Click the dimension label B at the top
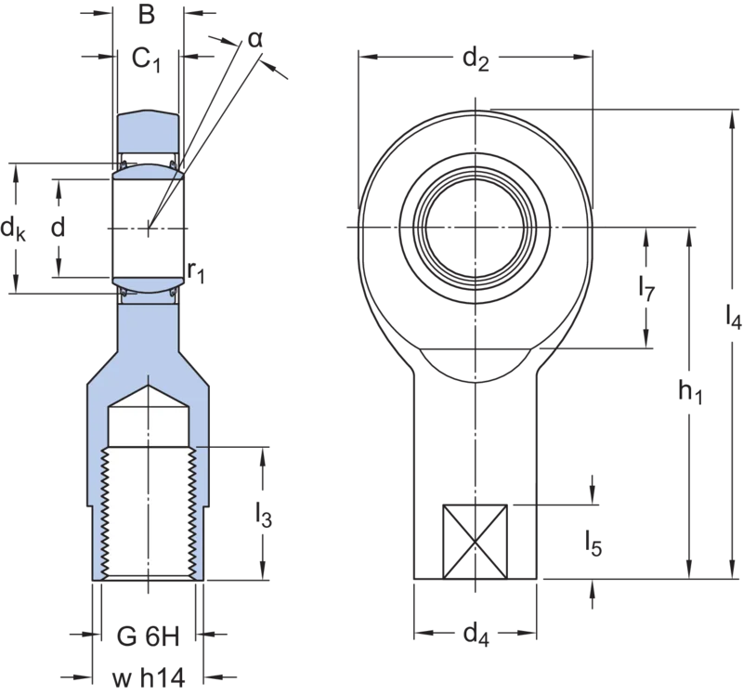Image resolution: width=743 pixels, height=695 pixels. (147, 15)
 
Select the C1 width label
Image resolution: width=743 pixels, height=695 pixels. (146, 59)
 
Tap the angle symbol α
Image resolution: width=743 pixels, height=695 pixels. (254, 40)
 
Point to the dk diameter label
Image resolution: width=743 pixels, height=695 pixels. (13, 229)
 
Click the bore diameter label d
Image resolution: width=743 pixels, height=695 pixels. (58, 228)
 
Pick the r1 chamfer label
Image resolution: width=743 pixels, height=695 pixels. (196, 272)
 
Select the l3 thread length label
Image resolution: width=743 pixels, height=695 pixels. (264, 515)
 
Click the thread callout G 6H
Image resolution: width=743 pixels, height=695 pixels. (149, 636)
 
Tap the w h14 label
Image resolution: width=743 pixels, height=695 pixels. (149, 678)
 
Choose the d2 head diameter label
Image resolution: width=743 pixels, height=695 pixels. (476, 60)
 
